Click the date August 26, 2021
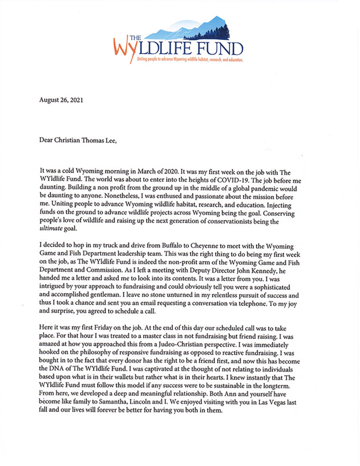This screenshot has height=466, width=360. [61, 100]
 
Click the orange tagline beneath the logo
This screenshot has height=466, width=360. [189, 59]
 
